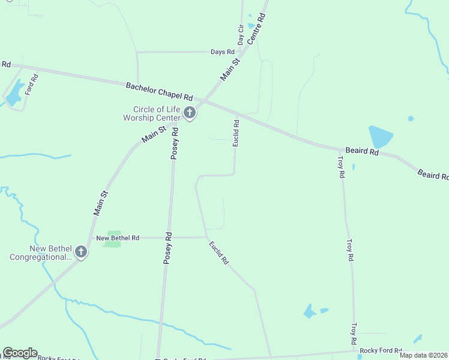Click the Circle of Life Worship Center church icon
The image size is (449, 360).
[190, 113]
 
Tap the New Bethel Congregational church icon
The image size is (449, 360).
[81, 253]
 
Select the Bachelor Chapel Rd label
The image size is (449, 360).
[159, 91]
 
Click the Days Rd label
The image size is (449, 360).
[222, 52]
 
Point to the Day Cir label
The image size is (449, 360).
[241, 35]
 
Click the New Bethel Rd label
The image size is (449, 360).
[118, 238]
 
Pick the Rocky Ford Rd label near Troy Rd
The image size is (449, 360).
[381, 350]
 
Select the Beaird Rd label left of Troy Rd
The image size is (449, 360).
[361, 152]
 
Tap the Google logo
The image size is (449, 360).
[20, 353]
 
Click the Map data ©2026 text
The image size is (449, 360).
[423, 355]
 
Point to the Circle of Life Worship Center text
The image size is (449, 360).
[157, 113]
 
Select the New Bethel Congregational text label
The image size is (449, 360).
[41, 253]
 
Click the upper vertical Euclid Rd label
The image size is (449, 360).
[237, 133]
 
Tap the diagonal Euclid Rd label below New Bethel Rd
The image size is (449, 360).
[219, 253]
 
